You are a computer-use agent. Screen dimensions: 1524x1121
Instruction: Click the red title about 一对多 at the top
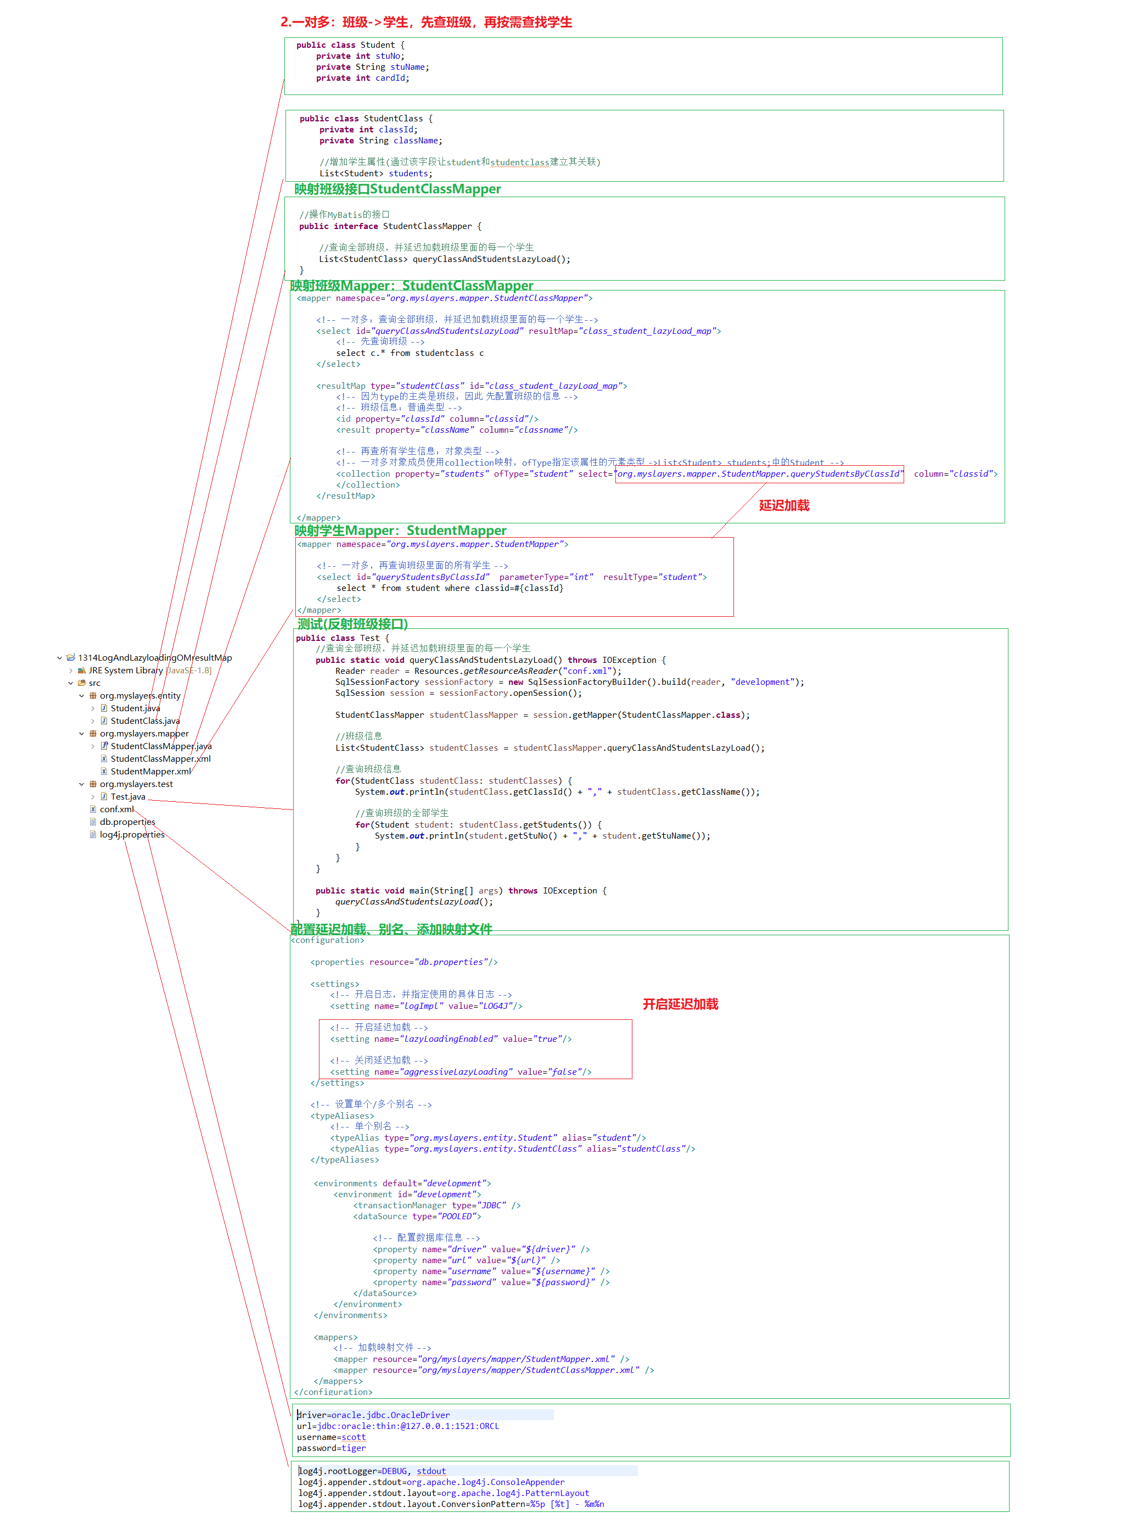pos(426,23)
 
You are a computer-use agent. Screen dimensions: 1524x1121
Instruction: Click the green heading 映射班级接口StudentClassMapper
pos(397,189)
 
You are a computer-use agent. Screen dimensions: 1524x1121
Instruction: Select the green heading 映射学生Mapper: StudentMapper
pos(400,530)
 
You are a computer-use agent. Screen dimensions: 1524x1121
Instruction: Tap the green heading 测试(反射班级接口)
pos(352,623)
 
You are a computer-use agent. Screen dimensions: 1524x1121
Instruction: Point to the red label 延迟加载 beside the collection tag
pos(784,505)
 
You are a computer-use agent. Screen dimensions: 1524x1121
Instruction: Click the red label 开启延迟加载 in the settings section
pos(680,1004)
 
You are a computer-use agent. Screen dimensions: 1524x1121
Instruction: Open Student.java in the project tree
pos(135,708)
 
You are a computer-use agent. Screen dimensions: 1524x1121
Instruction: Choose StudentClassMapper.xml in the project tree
pos(160,759)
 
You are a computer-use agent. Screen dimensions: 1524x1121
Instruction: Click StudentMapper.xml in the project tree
pos(150,771)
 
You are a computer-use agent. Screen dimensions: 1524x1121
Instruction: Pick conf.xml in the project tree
pos(117,809)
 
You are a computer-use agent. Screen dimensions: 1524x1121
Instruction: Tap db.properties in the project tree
pos(127,822)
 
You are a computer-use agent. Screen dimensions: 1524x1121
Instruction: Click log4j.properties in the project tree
pos(132,835)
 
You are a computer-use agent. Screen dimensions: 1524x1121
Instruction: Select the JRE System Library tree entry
pos(126,670)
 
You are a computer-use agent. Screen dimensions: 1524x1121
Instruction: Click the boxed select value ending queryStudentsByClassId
pos(759,474)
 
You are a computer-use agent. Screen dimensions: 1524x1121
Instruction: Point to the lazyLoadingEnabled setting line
pos(451,1039)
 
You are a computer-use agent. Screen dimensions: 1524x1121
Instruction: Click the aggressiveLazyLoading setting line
pos(460,1072)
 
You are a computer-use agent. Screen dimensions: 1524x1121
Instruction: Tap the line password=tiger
pos(331,1448)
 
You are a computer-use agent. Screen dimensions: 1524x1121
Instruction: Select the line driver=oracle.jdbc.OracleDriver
pos(373,1415)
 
